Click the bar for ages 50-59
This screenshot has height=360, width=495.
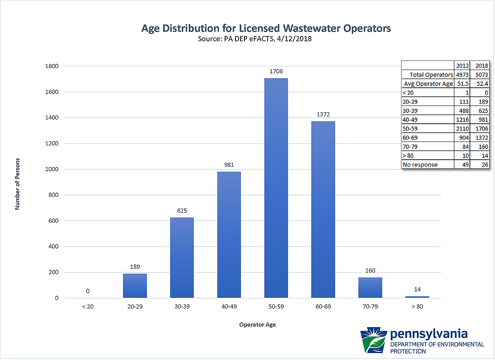(276, 188)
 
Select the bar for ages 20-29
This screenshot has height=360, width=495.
(135, 286)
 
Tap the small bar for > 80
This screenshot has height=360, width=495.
(417, 297)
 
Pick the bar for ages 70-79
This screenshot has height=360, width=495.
(370, 288)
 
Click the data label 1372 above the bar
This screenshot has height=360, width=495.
(323, 114)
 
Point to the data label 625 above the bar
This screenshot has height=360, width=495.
(182, 211)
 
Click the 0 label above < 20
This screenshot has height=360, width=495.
(88, 291)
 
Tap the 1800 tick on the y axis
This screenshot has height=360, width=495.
(52, 66)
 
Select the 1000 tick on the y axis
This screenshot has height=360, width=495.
(52, 169)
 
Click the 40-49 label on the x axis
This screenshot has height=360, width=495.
(229, 306)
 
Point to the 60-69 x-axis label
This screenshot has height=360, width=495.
(323, 306)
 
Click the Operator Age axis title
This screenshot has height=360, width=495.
(257, 325)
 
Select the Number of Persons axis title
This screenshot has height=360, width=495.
(17, 184)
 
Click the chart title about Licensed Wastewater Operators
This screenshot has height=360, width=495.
(266, 28)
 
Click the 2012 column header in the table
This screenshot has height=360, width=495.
(463, 65)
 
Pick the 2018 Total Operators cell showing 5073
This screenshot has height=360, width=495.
(482, 75)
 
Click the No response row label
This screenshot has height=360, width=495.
(420, 165)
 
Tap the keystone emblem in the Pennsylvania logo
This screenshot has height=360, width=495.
(374, 340)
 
